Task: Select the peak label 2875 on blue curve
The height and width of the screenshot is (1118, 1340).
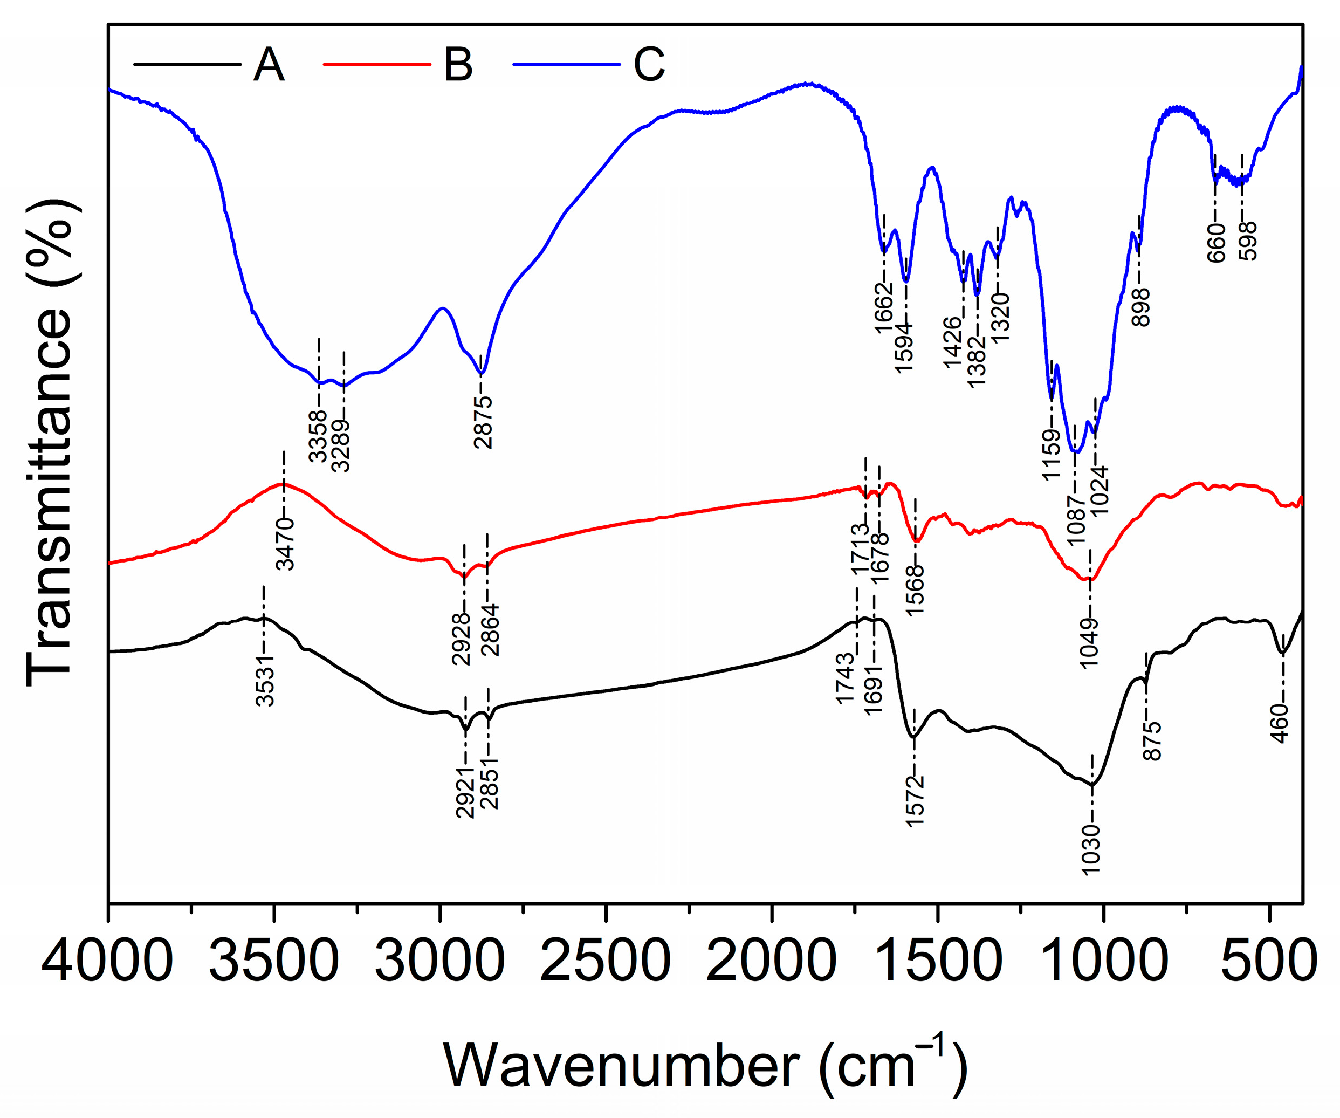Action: click(484, 422)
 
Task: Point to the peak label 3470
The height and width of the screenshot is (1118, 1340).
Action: click(285, 544)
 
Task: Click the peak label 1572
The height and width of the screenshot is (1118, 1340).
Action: click(915, 801)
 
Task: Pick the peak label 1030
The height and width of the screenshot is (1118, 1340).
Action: click(1092, 849)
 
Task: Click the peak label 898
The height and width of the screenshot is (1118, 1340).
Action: click(1141, 307)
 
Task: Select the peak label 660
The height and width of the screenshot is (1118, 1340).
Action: click(1216, 243)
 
